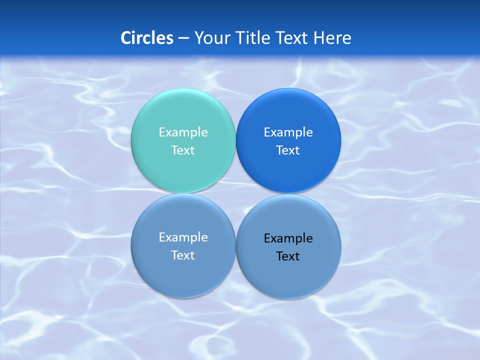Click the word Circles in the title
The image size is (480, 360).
(x=147, y=38)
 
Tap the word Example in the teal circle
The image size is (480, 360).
(x=183, y=132)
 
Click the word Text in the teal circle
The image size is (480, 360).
(x=183, y=150)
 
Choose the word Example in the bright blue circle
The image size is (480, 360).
(x=288, y=132)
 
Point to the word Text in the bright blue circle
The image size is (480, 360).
(x=288, y=150)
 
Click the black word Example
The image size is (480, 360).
(x=288, y=238)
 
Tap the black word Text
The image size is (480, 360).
(x=288, y=256)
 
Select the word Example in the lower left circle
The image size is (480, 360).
(x=183, y=237)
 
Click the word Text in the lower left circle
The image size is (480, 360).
(x=183, y=255)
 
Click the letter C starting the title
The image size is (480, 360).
(x=126, y=38)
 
